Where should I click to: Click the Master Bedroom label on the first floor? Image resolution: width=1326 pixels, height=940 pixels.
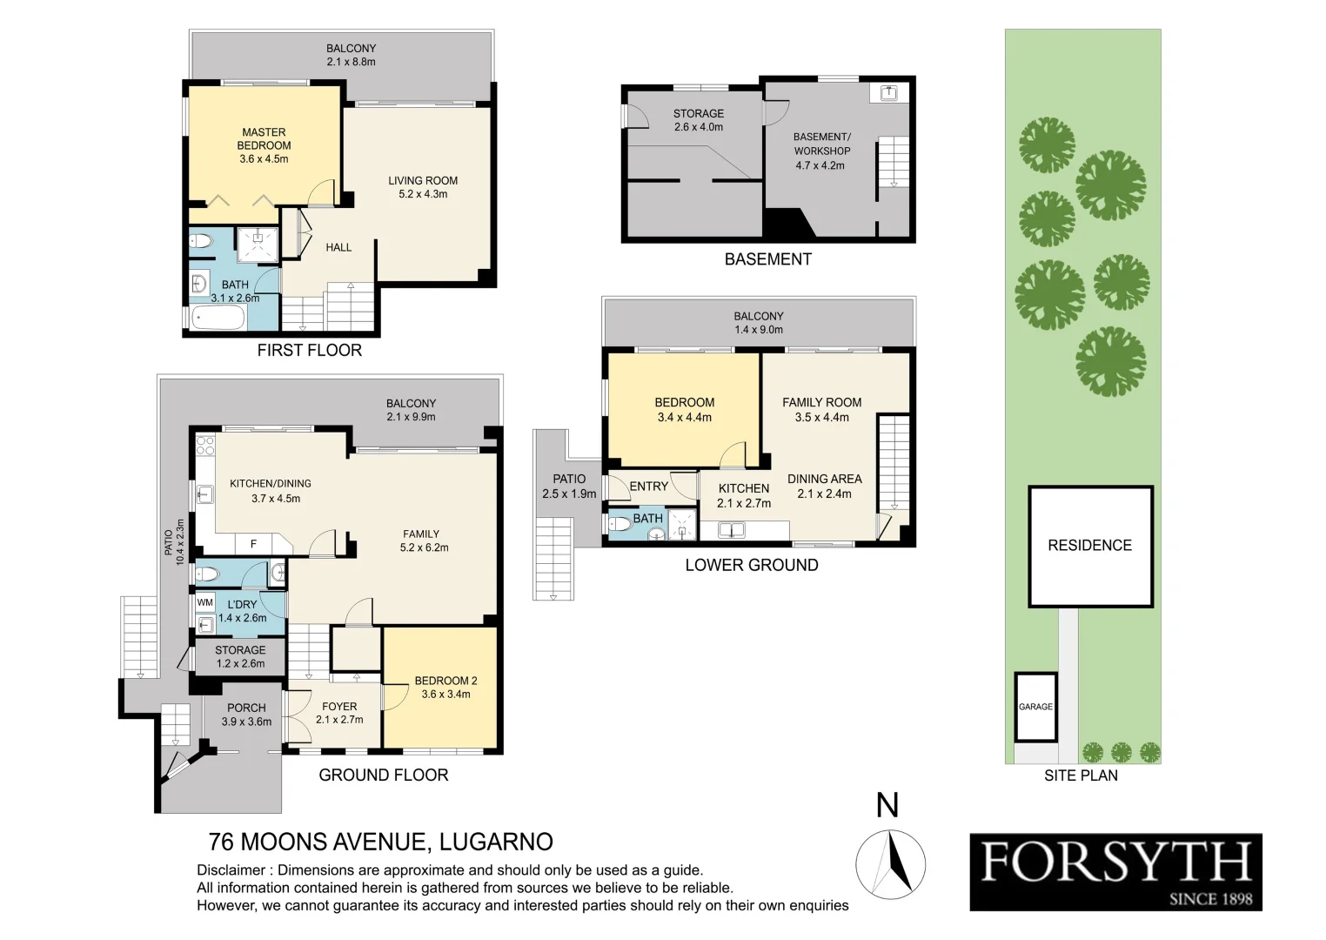[264, 145]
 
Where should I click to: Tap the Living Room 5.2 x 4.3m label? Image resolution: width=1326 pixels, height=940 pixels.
[423, 187]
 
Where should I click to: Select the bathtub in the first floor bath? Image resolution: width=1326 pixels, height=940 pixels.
[218, 318]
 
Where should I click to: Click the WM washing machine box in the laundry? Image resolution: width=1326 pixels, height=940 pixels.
[204, 602]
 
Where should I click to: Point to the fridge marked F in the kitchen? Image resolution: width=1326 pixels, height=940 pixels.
[253, 544]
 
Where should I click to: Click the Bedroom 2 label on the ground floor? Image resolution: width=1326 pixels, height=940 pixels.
[445, 688]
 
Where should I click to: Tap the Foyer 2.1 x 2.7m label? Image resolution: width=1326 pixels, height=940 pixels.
[339, 713]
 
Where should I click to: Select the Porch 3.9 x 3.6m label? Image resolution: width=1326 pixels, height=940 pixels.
[246, 715]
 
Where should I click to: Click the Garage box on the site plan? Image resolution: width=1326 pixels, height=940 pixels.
[1035, 707]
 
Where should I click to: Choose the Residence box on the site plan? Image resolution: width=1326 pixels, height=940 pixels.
[1089, 546]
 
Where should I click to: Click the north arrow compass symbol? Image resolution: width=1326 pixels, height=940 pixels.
[890, 863]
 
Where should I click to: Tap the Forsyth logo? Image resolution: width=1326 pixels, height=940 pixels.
[1115, 872]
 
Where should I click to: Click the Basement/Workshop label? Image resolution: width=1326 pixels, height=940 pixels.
[821, 151]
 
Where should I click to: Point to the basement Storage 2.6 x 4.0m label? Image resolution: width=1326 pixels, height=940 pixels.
[698, 120]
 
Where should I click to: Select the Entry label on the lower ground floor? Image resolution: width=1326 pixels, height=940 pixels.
[648, 487]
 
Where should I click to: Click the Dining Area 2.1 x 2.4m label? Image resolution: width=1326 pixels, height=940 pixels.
[824, 486]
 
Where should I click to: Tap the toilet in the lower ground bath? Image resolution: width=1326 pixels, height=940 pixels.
[621, 525]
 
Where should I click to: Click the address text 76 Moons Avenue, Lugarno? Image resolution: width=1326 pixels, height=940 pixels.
[381, 842]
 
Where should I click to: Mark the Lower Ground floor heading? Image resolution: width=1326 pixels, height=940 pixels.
[751, 565]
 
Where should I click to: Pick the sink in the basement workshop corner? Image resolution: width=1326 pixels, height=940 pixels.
[888, 91]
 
